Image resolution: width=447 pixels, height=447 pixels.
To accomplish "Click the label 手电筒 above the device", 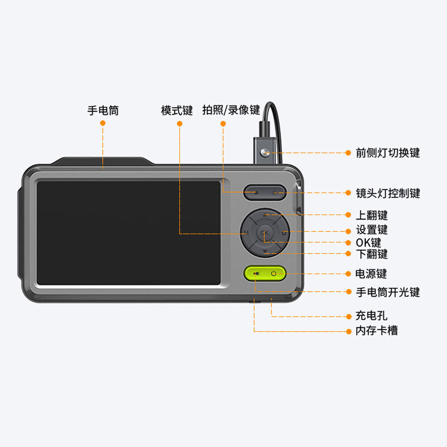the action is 103,111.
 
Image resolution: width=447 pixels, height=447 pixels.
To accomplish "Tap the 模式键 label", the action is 177,111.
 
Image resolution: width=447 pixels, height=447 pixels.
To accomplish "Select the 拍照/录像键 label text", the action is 223,111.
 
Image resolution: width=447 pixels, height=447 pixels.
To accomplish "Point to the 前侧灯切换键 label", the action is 388,153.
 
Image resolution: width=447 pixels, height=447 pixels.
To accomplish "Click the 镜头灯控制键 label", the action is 388,193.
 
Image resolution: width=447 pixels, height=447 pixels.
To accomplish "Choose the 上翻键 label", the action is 372,215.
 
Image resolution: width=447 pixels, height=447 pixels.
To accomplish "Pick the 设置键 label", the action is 372,230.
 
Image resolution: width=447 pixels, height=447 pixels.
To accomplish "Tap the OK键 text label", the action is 368,242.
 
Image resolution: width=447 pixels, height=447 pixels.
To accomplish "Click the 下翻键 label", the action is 372,254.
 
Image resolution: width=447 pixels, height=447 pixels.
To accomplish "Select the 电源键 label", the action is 372,274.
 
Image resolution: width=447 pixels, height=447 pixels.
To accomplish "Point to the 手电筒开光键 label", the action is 388,292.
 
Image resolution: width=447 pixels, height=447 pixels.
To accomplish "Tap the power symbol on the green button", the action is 274,273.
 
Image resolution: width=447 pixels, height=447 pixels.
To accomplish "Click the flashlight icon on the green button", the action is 255,273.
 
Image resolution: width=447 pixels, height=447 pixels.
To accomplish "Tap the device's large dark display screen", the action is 129,232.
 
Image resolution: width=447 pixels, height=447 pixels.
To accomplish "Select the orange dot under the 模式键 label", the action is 179,123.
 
